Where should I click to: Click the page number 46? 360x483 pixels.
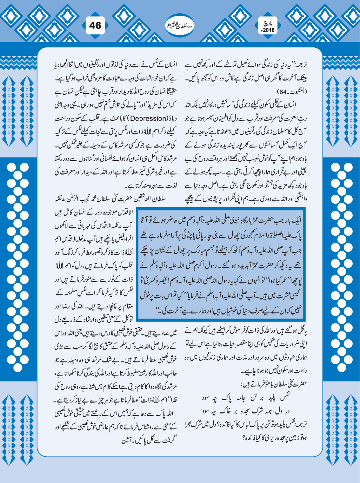95,25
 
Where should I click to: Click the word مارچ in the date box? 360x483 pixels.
269,23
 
